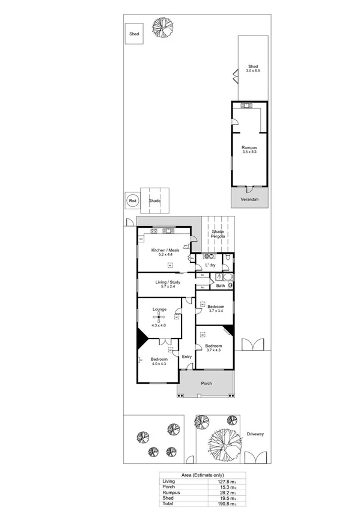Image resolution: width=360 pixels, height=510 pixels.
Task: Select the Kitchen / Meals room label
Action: tap(165, 250)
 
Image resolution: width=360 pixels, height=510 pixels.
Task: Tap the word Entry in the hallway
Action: tap(187, 357)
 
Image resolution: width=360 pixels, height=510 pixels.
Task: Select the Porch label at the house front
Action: tap(206, 383)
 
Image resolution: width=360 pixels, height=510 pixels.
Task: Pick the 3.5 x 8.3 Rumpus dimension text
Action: tap(249, 152)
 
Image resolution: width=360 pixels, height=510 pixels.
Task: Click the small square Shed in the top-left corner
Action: tap(133, 34)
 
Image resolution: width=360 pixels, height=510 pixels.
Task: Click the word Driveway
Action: tap(255, 434)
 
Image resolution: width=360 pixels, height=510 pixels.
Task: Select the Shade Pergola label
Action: tap(218, 234)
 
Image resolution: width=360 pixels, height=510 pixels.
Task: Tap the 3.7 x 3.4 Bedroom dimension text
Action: tap(216, 311)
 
